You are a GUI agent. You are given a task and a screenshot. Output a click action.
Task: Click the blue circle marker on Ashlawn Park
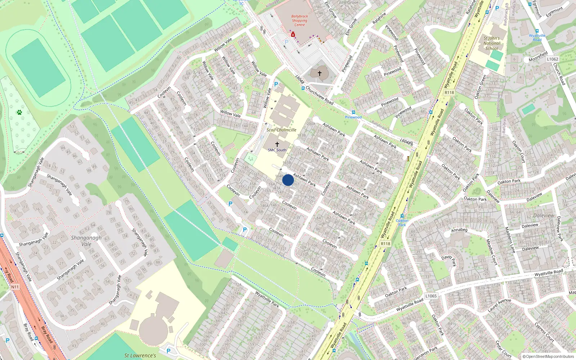click(288, 180)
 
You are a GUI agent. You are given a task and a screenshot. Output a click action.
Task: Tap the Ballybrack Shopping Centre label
click(300, 21)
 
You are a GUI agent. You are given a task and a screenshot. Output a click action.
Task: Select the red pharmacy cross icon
click(293, 35)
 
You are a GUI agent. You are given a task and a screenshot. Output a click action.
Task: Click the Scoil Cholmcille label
click(282, 130)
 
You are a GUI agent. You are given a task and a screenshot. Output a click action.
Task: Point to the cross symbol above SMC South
click(277, 144)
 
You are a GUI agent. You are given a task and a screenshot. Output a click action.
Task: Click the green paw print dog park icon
click(19, 112)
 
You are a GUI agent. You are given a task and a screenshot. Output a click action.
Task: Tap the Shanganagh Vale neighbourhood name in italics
click(86, 240)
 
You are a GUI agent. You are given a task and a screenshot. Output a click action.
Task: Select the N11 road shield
click(15, 287)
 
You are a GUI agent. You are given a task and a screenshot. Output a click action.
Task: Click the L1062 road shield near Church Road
click(552, 59)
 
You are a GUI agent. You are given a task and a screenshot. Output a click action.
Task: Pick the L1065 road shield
click(431, 296)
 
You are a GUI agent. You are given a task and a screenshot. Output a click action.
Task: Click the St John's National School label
click(491, 43)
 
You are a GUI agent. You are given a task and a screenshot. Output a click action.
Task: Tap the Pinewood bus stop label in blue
click(353, 117)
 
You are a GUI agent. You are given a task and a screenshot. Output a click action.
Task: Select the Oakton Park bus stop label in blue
click(402, 222)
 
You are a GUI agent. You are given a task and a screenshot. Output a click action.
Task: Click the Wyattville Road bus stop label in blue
click(537, 37)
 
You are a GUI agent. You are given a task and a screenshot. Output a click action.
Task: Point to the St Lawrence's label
click(140, 356)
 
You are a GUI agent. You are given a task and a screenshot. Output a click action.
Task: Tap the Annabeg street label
click(459, 230)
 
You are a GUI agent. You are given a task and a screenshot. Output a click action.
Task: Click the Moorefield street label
click(538, 57)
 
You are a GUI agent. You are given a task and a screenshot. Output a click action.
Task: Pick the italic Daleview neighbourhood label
click(544, 215)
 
